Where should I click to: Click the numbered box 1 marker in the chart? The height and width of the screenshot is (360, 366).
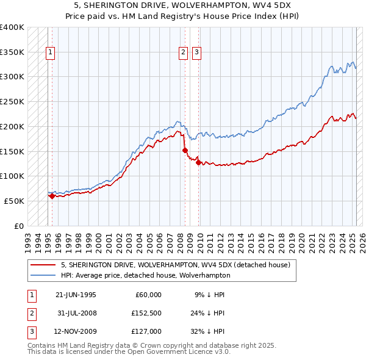(x=49, y=53)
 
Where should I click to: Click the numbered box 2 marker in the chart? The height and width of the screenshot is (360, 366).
(x=183, y=53)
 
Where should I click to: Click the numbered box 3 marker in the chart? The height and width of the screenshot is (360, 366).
(x=197, y=53)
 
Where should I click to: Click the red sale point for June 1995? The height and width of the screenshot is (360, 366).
(x=52, y=196)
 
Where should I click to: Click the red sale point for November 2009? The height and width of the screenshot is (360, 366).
(x=198, y=162)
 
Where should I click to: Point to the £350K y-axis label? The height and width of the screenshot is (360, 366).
(x=12, y=52)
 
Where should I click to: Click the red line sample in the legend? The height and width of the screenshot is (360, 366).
(x=42, y=265)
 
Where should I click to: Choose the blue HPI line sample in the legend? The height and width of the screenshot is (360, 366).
(x=42, y=275)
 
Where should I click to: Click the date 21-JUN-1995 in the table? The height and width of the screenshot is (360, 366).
(x=76, y=295)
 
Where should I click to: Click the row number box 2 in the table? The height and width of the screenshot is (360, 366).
(x=30, y=313)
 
